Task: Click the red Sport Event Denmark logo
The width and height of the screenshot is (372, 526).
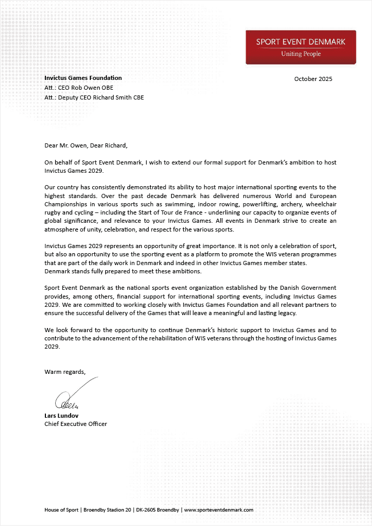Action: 301,46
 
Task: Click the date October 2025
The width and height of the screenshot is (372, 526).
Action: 313,79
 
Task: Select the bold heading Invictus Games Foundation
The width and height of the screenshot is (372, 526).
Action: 83,78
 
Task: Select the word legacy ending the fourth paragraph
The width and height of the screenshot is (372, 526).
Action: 300,313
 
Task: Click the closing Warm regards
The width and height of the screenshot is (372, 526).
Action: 65,372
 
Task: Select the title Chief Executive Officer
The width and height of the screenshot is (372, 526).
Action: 76,424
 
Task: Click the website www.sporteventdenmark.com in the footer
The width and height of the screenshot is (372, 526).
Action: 219,510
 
